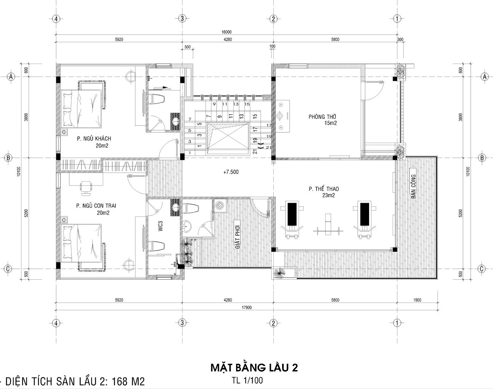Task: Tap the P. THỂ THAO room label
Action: pyautogui.click(x=324, y=189)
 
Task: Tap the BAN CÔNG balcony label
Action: pyautogui.click(x=414, y=187)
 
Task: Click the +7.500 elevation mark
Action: pyautogui.click(x=231, y=172)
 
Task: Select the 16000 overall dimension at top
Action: pyautogui.click(x=226, y=32)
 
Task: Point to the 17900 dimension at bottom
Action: pyautogui.click(x=246, y=308)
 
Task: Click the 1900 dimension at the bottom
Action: pyautogui.click(x=417, y=300)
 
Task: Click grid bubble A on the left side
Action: pyautogui.click(x=11, y=77)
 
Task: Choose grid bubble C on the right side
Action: pyautogui.click(x=482, y=269)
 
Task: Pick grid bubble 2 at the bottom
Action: pyautogui.click(x=273, y=323)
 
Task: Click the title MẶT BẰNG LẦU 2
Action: pyautogui.click(x=254, y=368)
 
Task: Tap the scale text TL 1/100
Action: pyautogui.click(x=247, y=380)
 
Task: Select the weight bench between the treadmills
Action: pyautogui.click(x=328, y=225)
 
